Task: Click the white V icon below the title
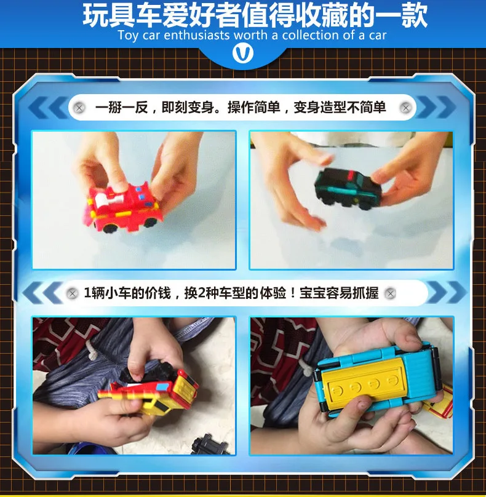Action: click(x=243, y=53)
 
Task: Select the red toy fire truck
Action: click(x=123, y=205)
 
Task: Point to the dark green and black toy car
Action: click(x=348, y=188)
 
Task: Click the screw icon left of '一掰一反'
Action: click(x=79, y=108)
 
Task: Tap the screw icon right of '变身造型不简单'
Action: click(x=405, y=108)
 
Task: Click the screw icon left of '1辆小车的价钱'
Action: click(x=73, y=293)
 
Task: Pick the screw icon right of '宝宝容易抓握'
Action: click(x=390, y=293)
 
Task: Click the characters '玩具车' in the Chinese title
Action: click(x=122, y=15)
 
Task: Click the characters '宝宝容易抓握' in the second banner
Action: click(x=339, y=293)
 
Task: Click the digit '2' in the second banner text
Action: click(x=201, y=293)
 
